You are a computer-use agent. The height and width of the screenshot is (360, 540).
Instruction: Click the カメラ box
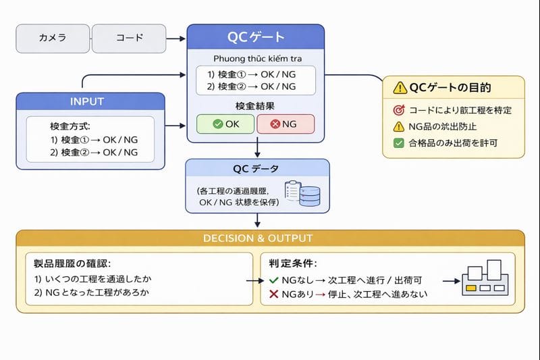point(53,38)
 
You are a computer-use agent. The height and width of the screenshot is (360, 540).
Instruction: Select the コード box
point(129,38)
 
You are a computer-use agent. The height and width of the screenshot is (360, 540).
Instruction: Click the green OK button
point(225,124)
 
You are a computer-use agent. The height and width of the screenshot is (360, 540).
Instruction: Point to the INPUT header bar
point(90,101)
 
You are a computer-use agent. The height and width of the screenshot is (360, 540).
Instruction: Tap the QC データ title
point(256,168)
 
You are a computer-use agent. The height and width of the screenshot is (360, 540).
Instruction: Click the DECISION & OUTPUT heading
point(270,238)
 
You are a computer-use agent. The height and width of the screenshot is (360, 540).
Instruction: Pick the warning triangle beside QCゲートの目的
point(400,88)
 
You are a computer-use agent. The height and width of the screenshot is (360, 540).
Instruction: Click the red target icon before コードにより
point(398,110)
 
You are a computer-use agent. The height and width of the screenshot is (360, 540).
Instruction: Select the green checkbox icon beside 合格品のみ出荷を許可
point(398,143)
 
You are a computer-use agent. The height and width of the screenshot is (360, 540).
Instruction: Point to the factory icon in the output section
point(483,277)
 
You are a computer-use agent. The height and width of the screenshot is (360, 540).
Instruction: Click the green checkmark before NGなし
point(273,280)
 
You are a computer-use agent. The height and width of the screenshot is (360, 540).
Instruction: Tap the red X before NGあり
point(273,294)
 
